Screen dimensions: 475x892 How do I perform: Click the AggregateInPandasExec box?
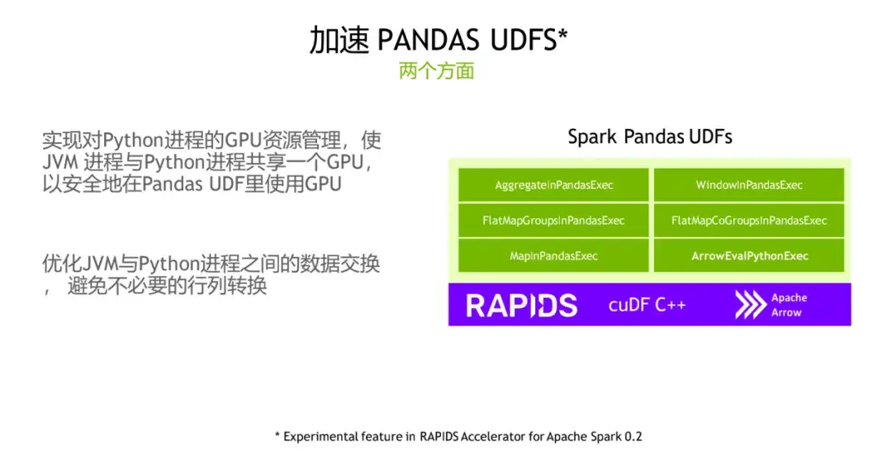(x=554, y=185)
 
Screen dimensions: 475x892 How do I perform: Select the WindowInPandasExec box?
(x=749, y=185)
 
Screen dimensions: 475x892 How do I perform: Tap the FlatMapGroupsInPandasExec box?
(x=554, y=221)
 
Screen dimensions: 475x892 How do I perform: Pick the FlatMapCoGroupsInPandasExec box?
(x=749, y=221)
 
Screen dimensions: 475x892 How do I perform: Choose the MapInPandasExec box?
(x=554, y=256)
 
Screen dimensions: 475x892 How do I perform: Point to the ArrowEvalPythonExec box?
(x=749, y=256)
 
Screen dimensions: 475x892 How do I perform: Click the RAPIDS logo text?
(x=521, y=305)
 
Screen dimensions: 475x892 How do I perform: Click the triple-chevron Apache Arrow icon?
(x=750, y=305)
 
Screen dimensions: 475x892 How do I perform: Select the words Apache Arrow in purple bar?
(x=789, y=305)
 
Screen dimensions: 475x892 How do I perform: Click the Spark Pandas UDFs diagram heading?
(x=649, y=136)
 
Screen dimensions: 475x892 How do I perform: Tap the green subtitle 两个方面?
(x=436, y=71)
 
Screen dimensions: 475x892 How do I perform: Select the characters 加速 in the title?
(x=339, y=40)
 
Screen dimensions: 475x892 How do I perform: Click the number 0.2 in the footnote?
(x=633, y=436)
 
